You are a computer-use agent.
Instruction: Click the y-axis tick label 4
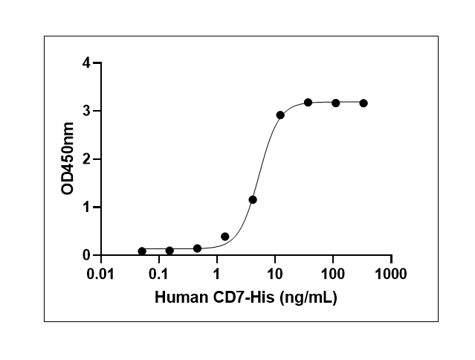click(87, 63)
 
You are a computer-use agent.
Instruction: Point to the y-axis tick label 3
click(87, 111)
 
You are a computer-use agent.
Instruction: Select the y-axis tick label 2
click(87, 159)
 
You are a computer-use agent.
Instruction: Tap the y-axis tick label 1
click(87, 207)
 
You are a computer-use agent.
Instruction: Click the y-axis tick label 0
click(87, 255)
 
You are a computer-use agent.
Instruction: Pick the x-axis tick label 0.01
click(100, 274)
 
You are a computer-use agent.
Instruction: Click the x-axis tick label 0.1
click(158, 274)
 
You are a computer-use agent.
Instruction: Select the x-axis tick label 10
click(275, 274)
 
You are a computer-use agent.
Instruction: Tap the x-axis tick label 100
click(333, 274)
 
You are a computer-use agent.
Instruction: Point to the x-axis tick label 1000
click(391, 274)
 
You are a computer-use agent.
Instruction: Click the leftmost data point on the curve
click(142, 251)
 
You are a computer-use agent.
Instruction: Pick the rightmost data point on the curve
click(363, 103)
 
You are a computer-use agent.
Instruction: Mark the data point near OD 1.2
click(253, 199)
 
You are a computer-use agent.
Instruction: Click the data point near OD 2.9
click(280, 115)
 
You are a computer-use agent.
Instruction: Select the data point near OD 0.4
click(225, 237)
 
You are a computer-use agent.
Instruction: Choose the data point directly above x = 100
click(336, 103)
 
